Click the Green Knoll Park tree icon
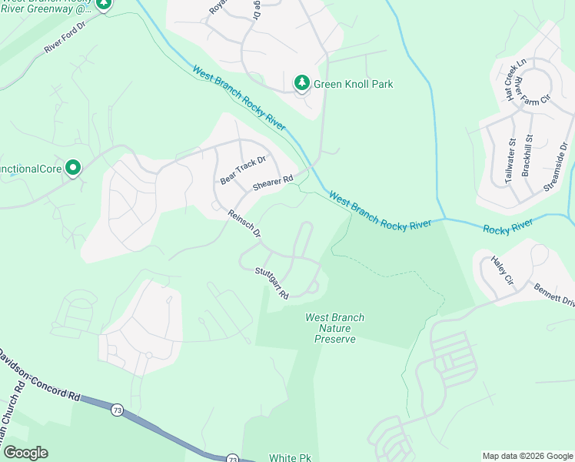click(302, 82)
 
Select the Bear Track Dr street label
click(243, 169)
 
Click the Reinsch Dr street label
click(244, 223)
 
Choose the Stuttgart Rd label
click(271, 283)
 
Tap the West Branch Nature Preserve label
click(335, 328)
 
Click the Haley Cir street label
click(500, 270)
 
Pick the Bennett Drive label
click(554, 295)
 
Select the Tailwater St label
click(510, 162)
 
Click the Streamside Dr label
click(557, 165)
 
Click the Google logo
click(25, 453)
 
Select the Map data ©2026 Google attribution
click(527, 456)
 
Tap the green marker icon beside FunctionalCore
click(73, 166)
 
